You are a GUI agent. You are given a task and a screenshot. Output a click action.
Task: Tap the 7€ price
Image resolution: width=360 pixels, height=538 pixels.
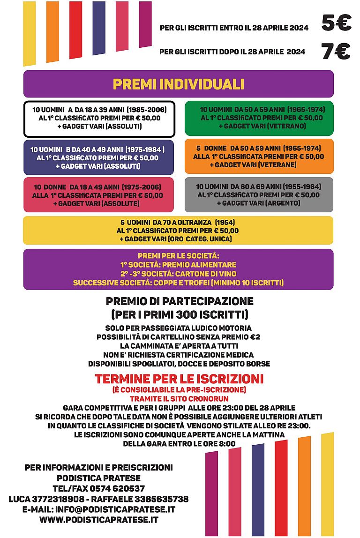336,52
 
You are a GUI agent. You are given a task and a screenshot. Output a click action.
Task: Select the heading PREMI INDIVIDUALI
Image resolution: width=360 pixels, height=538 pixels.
178,84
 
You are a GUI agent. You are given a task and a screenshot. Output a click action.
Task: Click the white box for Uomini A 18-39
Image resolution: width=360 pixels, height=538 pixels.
99,119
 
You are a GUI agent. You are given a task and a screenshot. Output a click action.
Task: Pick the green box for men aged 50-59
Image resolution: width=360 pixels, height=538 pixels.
259,118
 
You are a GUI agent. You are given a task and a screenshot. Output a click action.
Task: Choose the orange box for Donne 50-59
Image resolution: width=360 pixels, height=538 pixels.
259,157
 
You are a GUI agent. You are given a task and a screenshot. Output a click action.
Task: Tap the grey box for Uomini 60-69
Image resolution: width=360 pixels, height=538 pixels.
259,194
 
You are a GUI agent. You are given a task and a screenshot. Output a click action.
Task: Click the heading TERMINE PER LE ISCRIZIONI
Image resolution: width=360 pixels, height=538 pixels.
179,379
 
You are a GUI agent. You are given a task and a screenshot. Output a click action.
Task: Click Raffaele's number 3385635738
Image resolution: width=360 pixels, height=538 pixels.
159,499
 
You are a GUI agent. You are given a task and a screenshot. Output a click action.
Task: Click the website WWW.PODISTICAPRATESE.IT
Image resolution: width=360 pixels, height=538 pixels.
98,520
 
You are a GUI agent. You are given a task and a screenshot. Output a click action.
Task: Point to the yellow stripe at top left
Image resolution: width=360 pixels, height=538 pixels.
29,33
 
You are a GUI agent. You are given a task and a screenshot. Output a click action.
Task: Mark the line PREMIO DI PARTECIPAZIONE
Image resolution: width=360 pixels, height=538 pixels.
180,301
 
